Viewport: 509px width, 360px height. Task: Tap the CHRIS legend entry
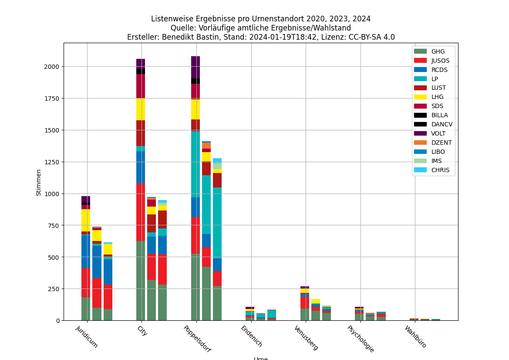coord(440,170)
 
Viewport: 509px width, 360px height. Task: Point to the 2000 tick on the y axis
coord(51,67)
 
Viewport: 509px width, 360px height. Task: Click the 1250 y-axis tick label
coord(51,162)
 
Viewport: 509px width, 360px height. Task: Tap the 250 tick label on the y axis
coord(53,289)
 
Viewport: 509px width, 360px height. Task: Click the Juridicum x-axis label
coord(87,336)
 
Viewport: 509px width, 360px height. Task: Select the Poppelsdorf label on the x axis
coord(197,339)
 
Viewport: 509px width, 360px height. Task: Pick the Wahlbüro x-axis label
coord(415,336)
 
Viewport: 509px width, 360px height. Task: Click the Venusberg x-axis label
coord(306,337)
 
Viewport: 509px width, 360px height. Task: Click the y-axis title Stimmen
coord(39,182)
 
